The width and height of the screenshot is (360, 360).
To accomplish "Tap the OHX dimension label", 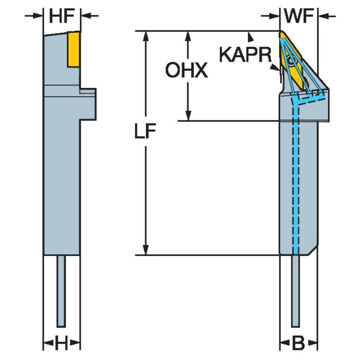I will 186,71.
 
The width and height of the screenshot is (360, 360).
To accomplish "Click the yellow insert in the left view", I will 74,49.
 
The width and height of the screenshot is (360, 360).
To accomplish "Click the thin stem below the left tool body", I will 62,291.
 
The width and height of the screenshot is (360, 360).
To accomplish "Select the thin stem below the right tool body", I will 296,291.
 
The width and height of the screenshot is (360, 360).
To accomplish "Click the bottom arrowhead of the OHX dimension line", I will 188,116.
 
